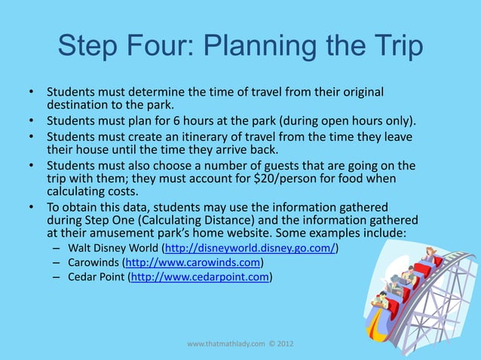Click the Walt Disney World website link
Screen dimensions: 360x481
[x=249, y=247]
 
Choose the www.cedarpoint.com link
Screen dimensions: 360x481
[x=201, y=277]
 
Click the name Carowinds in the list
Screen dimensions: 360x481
[x=93, y=262]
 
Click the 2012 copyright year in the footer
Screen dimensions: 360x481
[x=284, y=343]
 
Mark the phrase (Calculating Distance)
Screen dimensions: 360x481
[x=204, y=221]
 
